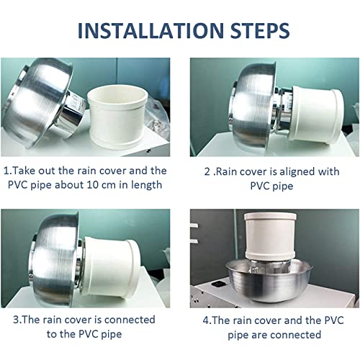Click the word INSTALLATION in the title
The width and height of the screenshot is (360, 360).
coord(150,31)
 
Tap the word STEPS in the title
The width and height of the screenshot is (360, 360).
coord(260,31)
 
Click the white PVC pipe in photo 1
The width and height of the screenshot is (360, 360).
coord(117,118)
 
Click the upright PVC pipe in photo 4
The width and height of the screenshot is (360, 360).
coord(270,236)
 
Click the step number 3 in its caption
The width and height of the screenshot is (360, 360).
coord(16,320)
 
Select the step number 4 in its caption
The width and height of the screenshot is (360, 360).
coord(206,320)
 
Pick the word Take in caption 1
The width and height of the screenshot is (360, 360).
coord(23,171)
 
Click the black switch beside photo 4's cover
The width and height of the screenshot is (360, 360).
coord(218,284)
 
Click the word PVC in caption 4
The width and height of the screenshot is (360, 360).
coord(334,320)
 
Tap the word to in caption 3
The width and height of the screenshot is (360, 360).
coord(51,335)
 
